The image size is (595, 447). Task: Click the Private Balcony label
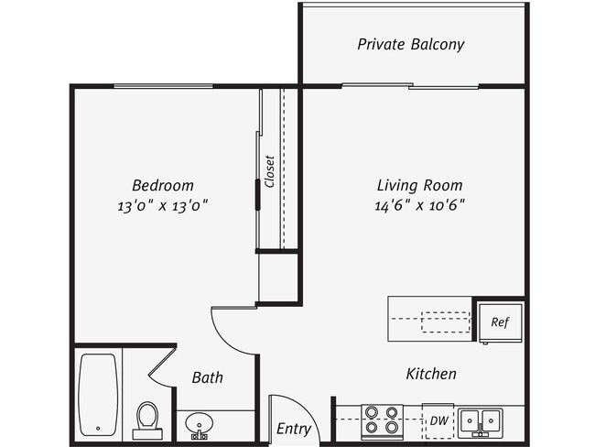pos(411,44)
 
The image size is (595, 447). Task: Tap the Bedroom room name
pos(162,185)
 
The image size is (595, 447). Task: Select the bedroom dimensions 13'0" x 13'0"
pos(162,205)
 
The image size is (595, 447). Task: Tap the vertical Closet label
pos(270,171)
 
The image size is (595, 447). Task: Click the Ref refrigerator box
pos(500,322)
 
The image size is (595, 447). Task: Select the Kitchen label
pos(432,374)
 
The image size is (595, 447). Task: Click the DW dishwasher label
pos(438,420)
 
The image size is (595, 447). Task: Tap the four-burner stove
pos(383,420)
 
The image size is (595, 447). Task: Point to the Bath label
pos(207,377)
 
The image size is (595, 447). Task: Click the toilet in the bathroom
pos(146,419)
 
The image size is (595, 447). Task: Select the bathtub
pos(98,394)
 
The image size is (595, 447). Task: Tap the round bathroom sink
pos(199,425)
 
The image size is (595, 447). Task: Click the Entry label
pos(293,429)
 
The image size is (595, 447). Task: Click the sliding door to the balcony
pos(410,87)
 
